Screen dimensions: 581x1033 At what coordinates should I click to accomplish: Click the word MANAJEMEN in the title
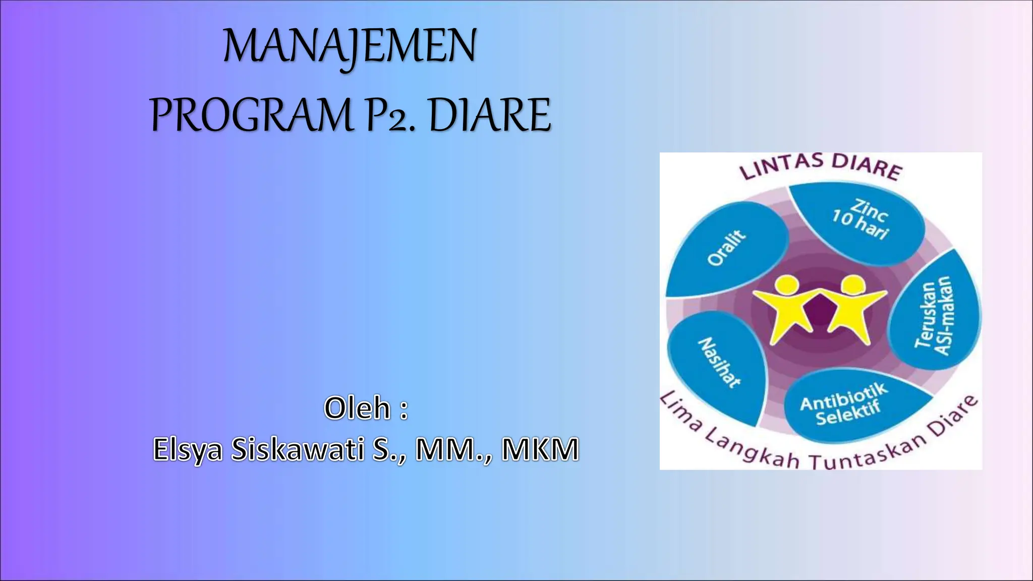tap(350, 46)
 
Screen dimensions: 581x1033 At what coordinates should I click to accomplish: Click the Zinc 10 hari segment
tap(860, 222)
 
